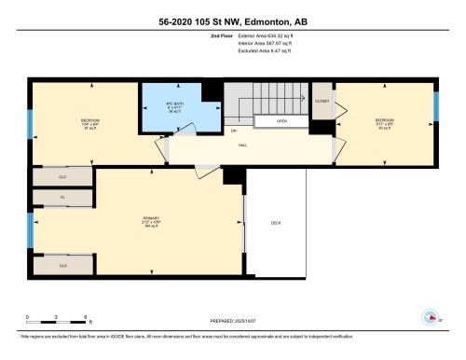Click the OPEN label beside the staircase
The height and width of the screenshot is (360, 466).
pyautogui.click(x=281, y=121)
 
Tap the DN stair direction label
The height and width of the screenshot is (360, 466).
pyautogui.click(x=234, y=131)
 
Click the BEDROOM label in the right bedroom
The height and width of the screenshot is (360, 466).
pyautogui.click(x=384, y=120)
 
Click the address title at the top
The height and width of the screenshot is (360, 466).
pyautogui.click(x=233, y=14)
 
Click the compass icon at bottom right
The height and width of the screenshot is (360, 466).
pyautogui.click(x=432, y=316)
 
